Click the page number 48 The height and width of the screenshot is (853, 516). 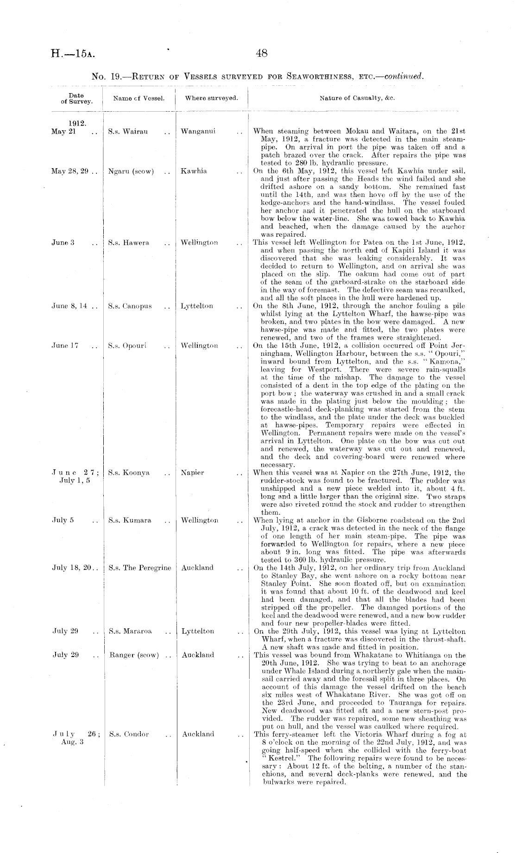click(x=262, y=53)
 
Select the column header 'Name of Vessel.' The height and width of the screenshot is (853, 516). click(x=139, y=98)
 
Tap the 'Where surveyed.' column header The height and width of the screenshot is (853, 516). click(x=212, y=98)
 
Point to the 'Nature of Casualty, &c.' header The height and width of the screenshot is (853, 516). click(x=357, y=98)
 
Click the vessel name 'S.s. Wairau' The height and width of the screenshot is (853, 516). click(x=128, y=132)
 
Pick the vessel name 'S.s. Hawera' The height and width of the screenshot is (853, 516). click(x=129, y=243)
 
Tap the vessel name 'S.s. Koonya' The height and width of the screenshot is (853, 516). click(x=129, y=473)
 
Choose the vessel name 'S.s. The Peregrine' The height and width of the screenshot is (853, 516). click(x=139, y=568)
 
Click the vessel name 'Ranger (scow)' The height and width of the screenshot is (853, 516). click(x=134, y=655)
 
